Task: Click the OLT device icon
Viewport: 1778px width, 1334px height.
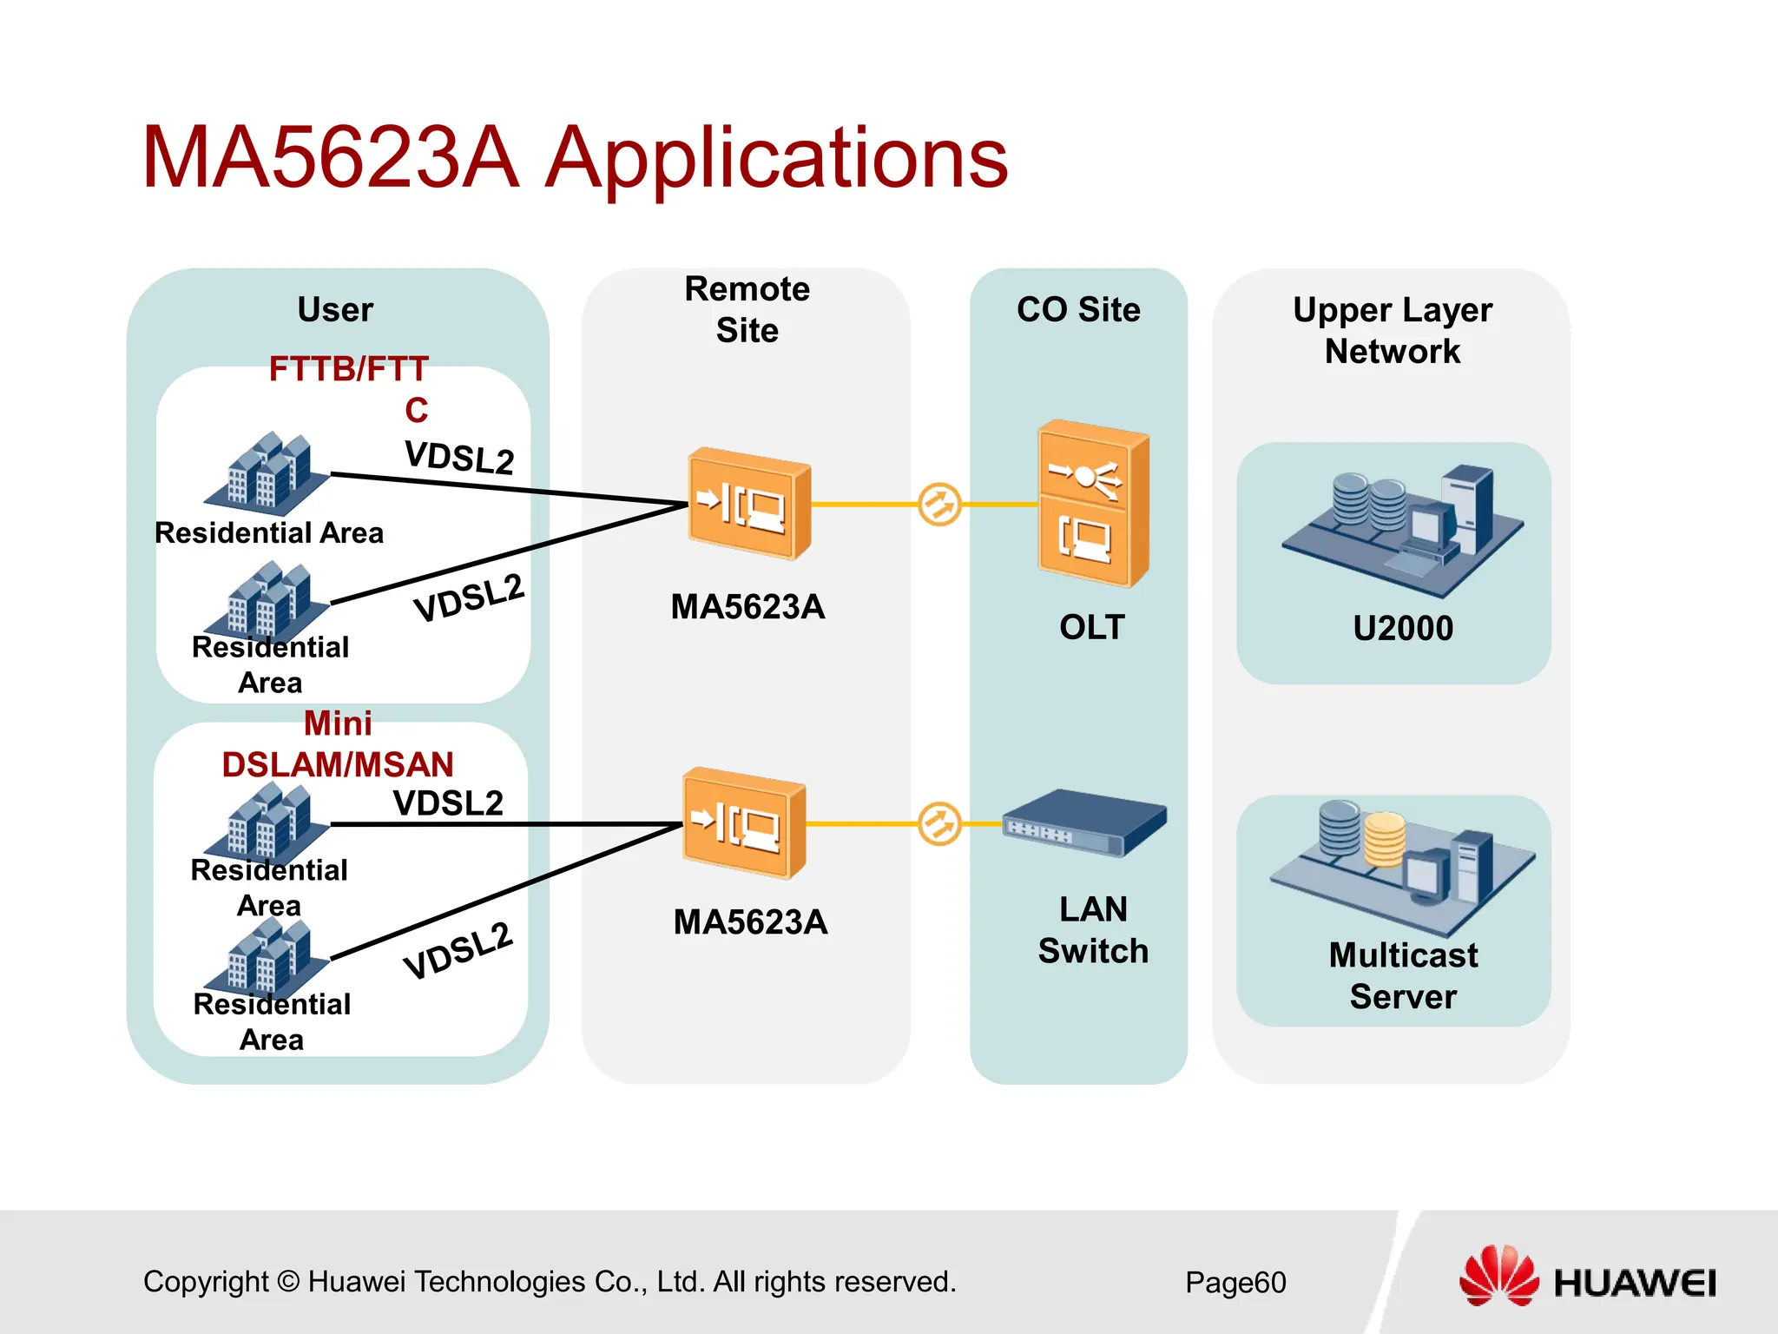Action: click(x=1093, y=504)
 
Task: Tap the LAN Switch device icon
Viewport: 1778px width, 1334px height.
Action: click(x=1084, y=823)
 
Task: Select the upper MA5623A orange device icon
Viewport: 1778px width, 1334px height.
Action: click(x=748, y=504)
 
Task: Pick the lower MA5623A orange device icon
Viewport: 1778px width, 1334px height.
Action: click(x=743, y=823)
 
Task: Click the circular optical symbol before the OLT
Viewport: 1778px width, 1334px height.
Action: click(x=939, y=504)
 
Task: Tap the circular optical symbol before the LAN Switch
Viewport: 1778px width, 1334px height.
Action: click(x=939, y=823)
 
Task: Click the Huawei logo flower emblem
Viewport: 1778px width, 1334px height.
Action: click(x=1498, y=1276)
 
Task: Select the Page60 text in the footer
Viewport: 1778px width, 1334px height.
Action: click(x=1235, y=1283)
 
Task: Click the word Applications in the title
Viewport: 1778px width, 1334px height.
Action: click(x=776, y=158)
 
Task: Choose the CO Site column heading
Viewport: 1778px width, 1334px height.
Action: click(x=1078, y=310)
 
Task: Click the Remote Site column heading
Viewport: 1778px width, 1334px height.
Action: click(x=747, y=309)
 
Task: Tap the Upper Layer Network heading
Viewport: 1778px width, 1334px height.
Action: click(x=1392, y=330)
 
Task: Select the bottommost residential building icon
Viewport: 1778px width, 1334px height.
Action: click(x=267, y=957)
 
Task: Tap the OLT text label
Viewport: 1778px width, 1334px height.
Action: click(x=1092, y=627)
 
